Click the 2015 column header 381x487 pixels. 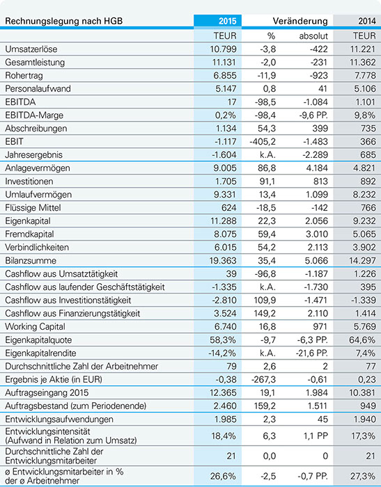click(227, 21)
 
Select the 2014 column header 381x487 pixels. click(366, 21)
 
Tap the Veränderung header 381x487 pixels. click(300, 21)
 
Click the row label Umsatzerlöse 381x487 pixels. click(31, 49)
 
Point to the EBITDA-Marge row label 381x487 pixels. click(34, 115)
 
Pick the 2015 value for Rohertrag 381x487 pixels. click(226, 75)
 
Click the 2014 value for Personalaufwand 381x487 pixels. click(365, 89)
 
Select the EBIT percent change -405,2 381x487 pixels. click(263, 142)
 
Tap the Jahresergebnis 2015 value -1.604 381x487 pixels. click(225, 155)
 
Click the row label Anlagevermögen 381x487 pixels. click(38, 168)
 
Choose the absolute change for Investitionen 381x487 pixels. click(320, 182)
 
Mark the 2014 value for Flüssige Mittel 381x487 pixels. click(368, 208)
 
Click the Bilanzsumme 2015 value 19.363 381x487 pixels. click(223, 261)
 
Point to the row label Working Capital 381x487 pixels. click(35, 327)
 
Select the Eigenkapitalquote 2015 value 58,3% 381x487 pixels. click(223, 340)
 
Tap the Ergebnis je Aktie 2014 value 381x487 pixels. click(367, 380)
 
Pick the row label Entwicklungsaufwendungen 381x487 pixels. click(59, 420)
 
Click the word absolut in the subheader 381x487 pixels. click(313, 36)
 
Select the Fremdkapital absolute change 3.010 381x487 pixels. click(317, 234)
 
